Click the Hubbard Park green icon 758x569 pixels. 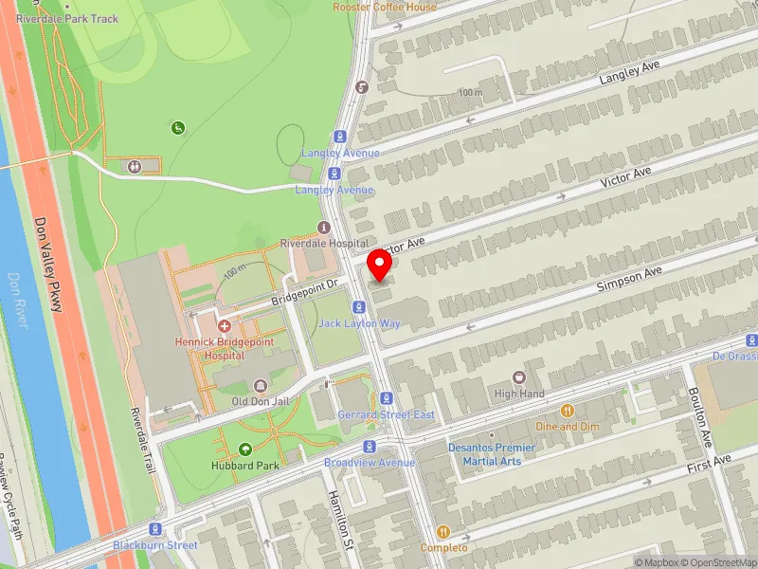(245, 450)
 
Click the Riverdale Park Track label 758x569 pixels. (68, 18)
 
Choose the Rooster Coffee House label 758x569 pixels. (385, 7)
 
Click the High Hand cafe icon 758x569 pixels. (518, 377)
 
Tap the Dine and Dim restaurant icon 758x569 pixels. (568, 411)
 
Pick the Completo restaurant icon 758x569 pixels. (442, 532)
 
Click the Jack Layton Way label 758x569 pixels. (359, 323)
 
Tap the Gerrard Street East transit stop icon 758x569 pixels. (387, 398)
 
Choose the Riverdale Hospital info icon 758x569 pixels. (324, 228)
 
